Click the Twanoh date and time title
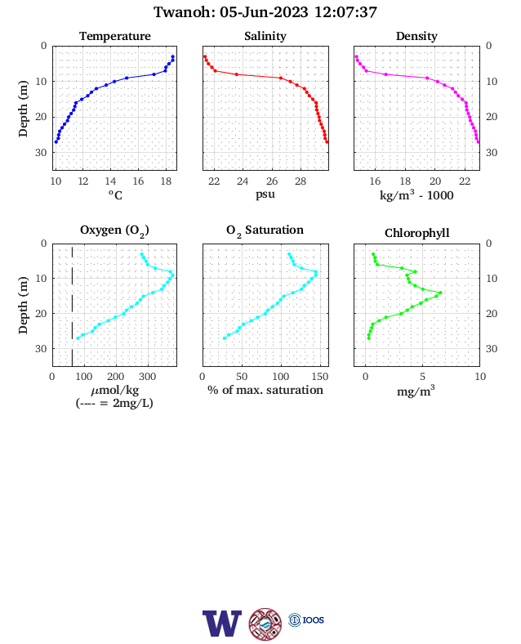point(265,12)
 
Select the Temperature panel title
point(115,36)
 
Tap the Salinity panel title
point(265,36)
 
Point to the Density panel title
point(416,36)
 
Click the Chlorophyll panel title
point(416,233)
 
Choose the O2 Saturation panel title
point(265,230)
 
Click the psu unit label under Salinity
point(265,194)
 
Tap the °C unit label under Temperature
point(115,195)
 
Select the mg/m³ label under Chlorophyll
point(416,391)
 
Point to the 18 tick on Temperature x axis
point(166,181)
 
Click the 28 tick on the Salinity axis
point(301,181)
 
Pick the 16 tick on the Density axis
point(375,181)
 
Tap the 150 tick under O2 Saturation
point(320,377)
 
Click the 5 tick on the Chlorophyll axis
point(422,377)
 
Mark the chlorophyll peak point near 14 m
point(441,293)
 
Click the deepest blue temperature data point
point(56,142)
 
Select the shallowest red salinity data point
point(205,56)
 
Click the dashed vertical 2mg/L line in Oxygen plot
point(72,306)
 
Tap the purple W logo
point(222,623)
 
